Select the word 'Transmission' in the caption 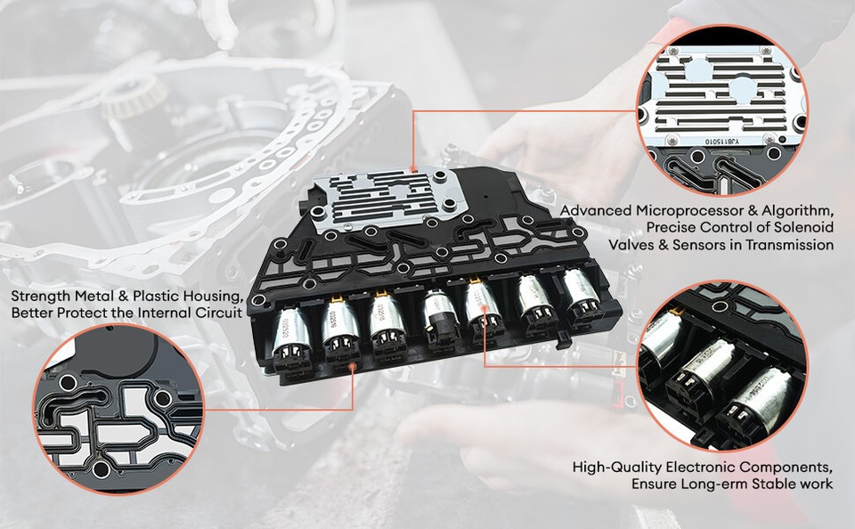pyautogui.click(x=787, y=244)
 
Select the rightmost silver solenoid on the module pyautogui.click(x=581, y=293)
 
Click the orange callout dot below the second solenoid pyautogui.click(x=355, y=364)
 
